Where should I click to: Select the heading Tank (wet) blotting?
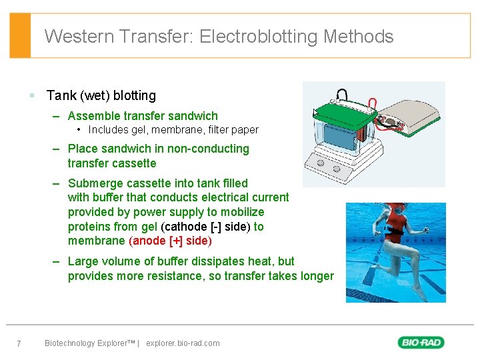pos(101,95)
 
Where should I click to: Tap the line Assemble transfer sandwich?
pos(143,116)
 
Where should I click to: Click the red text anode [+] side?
pos(170,241)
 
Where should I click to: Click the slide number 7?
pos(19,343)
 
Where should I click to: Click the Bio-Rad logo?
pos(421,343)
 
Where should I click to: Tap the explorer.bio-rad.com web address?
pos(183,343)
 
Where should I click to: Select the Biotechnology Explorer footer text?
pos(89,343)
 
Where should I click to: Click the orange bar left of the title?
pos(21,35)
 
